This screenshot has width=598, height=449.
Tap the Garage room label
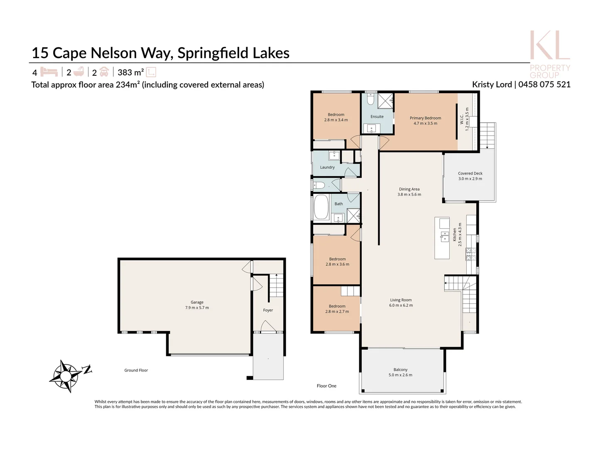[x=197, y=302]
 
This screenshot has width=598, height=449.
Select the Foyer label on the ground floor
[x=268, y=310]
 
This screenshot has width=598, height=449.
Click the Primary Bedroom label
[x=425, y=118]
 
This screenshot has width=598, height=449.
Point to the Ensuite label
[x=377, y=117]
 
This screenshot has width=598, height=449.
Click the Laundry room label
[x=327, y=168]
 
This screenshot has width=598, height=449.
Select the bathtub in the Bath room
[x=321, y=207]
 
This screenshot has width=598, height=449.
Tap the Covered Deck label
[x=470, y=173]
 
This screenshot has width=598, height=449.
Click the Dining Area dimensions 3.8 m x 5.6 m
[x=409, y=195]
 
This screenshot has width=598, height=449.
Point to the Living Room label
[x=401, y=300]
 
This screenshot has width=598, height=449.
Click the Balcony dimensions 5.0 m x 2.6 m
[x=400, y=375]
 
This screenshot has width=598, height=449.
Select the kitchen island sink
[x=444, y=236]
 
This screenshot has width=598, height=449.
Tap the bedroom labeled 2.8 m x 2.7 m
[x=337, y=309]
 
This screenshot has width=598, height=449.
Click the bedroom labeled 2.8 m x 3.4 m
[x=336, y=117]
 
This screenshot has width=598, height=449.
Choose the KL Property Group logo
[x=549, y=54]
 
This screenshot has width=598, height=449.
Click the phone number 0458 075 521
[x=544, y=84]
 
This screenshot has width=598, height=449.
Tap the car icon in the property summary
[x=104, y=72]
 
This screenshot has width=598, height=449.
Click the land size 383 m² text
[x=130, y=72]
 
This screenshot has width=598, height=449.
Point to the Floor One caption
[x=326, y=386]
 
